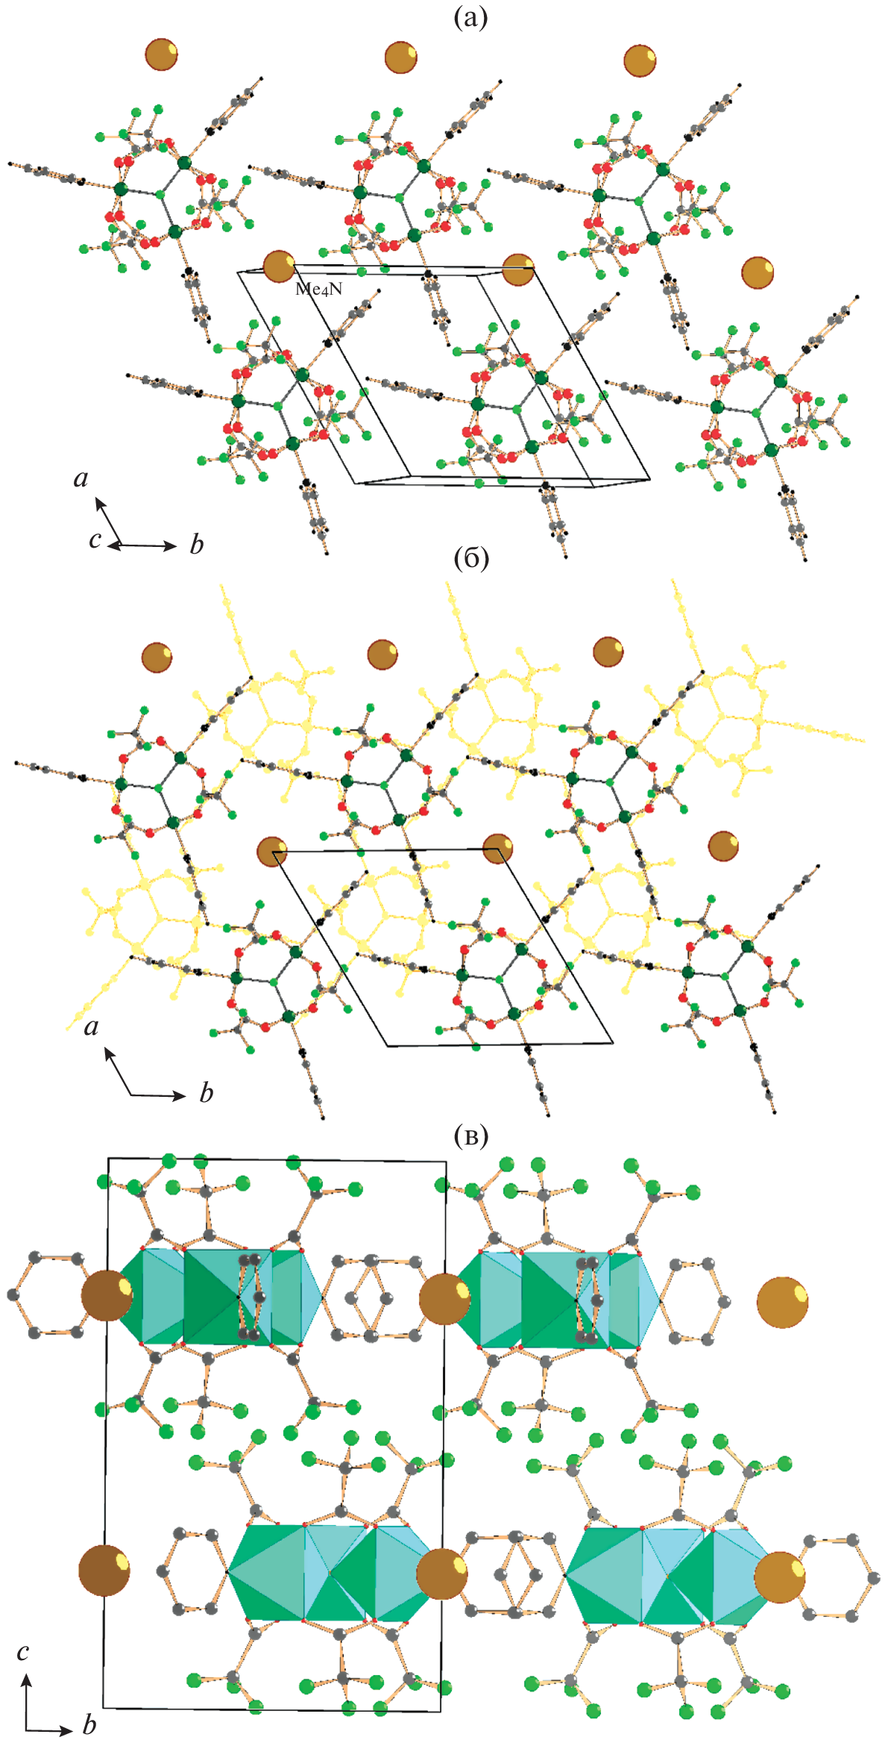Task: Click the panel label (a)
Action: (x=470, y=17)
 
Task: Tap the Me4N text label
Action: (x=318, y=290)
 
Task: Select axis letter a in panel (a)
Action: (x=81, y=478)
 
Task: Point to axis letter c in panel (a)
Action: (x=95, y=539)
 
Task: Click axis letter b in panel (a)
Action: (x=197, y=545)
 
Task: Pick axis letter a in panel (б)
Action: (x=91, y=1027)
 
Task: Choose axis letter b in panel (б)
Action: (x=207, y=1093)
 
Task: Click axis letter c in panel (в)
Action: (x=23, y=1651)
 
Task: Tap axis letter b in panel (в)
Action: (x=89, y=1724)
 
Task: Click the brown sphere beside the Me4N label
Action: (x=279, y=266)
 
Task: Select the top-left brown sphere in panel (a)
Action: (x=162, y=54)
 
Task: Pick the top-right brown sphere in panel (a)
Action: (x=640, y=60)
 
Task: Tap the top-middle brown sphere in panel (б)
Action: (x=382, y=654)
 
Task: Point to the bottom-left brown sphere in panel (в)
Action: (x=104, y=1571)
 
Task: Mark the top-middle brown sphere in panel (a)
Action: (x=401, y=57)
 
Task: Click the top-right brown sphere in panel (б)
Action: (x=608, y=651)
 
